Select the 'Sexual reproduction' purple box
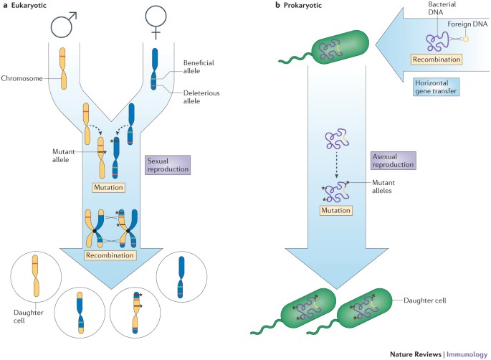pyautogui.click(x=167, y=167)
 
